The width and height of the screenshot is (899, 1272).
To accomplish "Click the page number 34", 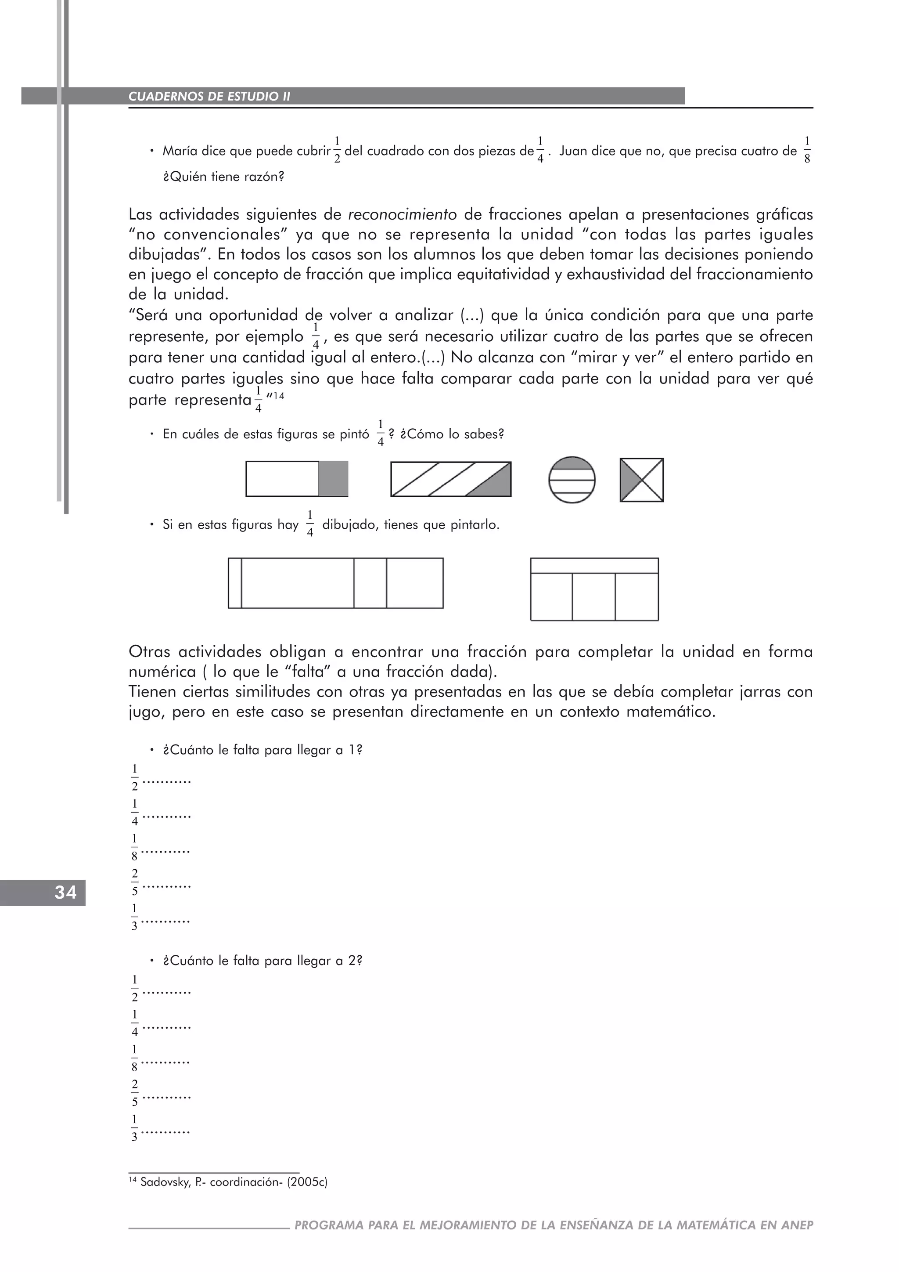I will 65,893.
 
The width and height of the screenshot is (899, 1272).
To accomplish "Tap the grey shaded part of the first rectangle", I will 333,479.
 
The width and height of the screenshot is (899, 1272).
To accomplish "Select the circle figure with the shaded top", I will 572,480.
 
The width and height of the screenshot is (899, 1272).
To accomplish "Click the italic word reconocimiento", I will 402,214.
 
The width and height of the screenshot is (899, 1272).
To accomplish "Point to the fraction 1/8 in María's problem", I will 806,150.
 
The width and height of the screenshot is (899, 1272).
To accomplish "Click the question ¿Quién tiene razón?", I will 223,177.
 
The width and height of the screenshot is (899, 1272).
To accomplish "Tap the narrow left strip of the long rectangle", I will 235,583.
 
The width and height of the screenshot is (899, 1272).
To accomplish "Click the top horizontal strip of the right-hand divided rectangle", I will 594,566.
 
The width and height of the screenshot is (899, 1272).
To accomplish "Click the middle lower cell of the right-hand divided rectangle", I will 593,596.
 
